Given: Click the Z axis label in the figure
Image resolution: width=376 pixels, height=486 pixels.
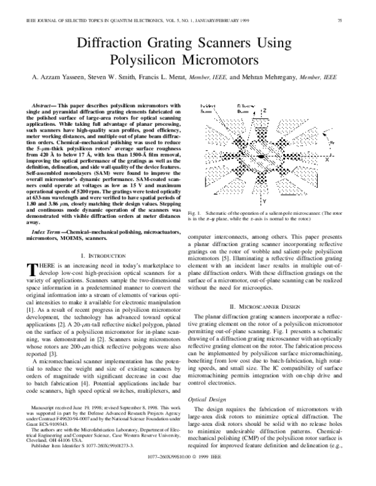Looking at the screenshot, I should click(265, 111).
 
